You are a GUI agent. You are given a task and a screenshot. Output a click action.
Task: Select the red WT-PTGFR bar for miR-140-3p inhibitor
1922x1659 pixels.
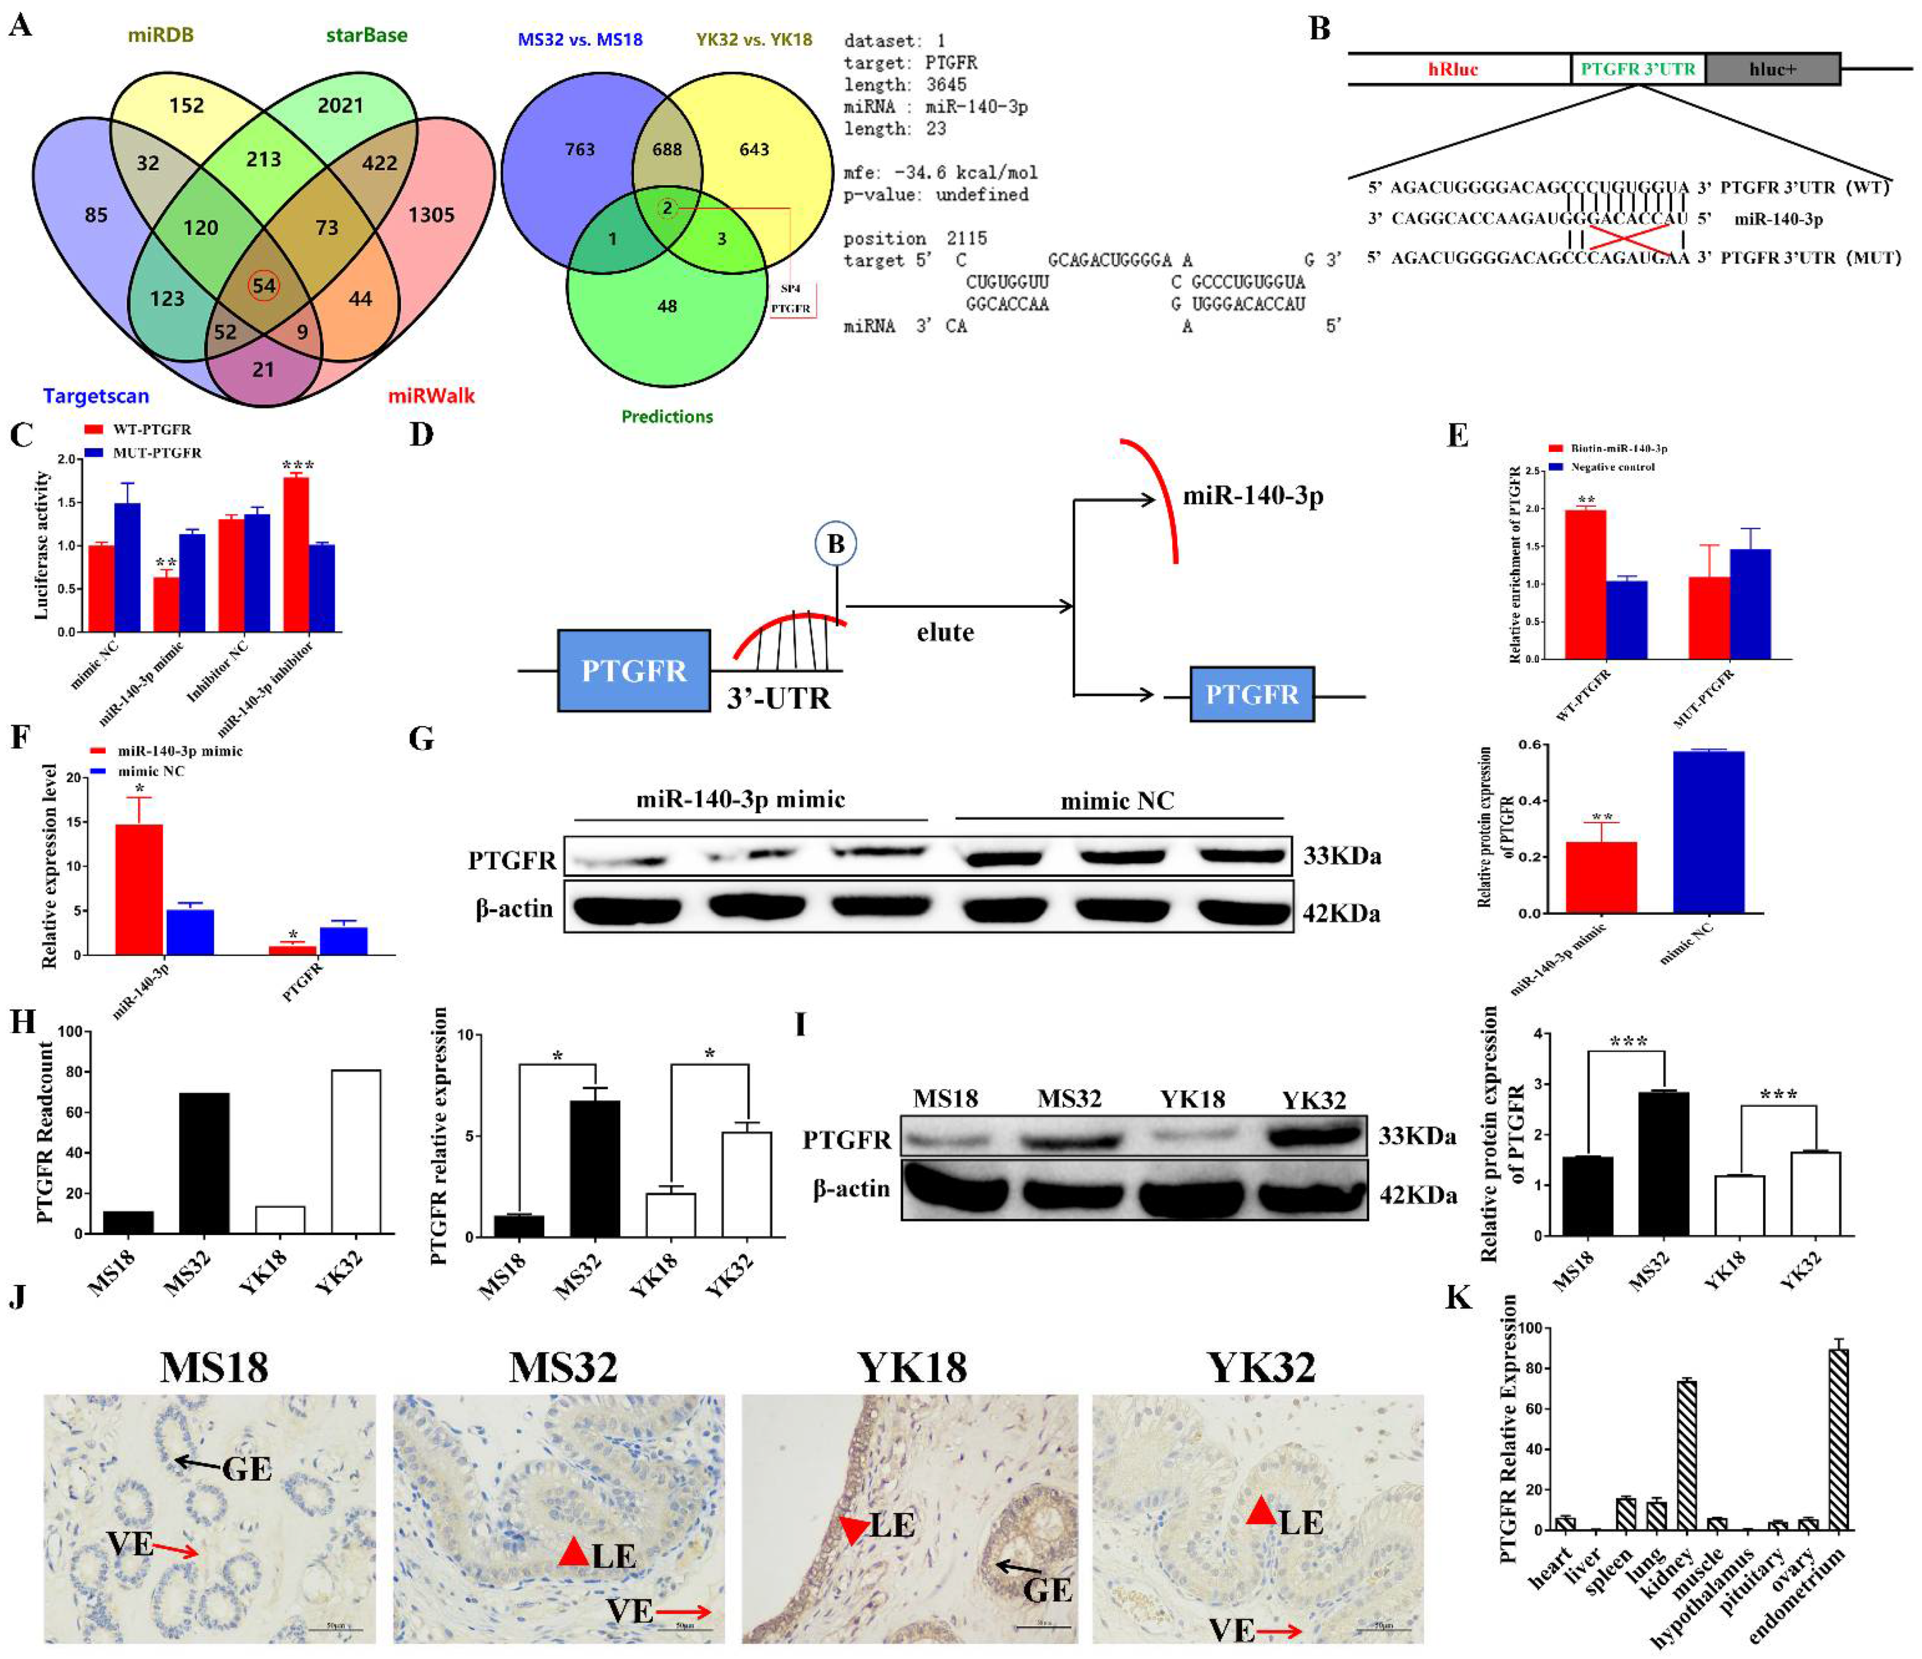tap(296, 554)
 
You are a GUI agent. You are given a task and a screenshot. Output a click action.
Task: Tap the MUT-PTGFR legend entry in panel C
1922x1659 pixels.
tap(144, 452)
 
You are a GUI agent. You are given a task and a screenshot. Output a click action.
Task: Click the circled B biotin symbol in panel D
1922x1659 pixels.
tap(836, 544)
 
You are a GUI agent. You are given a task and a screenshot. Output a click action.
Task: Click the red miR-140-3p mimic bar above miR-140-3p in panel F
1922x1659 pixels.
tap(139, 888)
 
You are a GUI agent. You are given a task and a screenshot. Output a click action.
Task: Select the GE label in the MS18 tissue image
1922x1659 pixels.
tap(247, 1469)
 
